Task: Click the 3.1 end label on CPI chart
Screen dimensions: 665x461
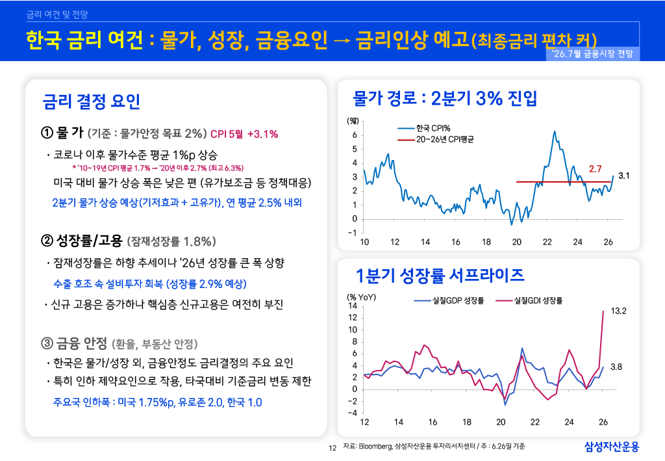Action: [623, 176]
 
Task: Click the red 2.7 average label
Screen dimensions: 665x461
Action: [595, 169]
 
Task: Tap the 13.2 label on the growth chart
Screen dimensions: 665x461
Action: [618, 311]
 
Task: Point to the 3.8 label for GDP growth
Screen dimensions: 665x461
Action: [616, 367]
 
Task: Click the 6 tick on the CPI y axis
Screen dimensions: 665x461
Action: [355, 135]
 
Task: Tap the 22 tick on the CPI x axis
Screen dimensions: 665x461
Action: [547, 242]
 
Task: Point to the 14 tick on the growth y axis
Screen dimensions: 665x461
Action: [353, 306]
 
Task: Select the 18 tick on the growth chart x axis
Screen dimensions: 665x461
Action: [466, 422]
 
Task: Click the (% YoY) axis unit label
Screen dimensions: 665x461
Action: [361, 297]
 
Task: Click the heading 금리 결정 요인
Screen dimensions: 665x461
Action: [91, 101]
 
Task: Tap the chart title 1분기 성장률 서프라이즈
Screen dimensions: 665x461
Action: [440, 275]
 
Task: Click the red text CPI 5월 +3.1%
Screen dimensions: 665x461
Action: [244, 134]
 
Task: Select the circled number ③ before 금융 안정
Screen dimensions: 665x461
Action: [47, 343]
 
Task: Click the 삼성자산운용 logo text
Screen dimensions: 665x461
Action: [612, 447]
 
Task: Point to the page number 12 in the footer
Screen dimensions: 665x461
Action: [332, 448]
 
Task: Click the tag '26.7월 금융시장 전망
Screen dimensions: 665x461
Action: [592, 53]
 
